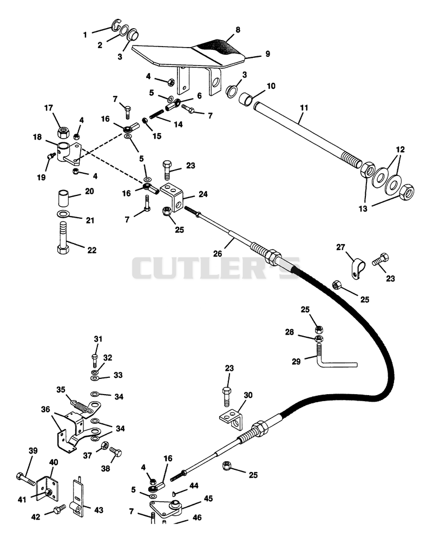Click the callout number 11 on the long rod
tap(304, 108)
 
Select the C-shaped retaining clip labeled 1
tap(116, 26)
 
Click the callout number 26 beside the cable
tap(218, 253)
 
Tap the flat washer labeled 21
tap(63, 215)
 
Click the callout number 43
tap(99, 510)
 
